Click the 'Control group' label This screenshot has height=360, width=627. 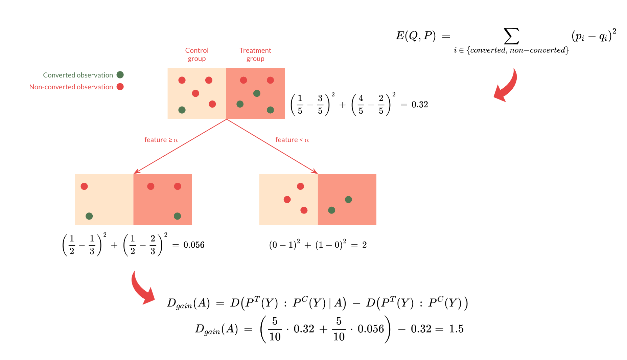[196, 54]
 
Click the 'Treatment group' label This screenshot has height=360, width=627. [255, 54]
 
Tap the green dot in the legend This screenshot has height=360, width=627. [120, 75]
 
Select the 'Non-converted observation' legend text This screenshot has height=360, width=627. [71, 87]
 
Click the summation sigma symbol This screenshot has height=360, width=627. [511, 36]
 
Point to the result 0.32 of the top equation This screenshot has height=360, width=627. [420, 105]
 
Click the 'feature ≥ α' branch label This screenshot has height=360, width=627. [161, 140]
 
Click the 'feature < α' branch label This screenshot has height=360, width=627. [292, 140]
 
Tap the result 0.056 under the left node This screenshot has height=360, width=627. [194, 245]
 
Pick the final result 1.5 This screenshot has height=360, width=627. [456, 329]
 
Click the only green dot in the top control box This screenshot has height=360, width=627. [182, 110]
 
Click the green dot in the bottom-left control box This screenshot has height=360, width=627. [89, 216]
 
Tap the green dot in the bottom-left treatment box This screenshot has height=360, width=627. [177, 216]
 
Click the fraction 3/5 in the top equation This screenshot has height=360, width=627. [320, 105]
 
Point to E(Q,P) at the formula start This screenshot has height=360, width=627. [416, 36]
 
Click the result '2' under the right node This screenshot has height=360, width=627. [365, 245]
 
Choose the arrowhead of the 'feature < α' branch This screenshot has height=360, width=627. [316, 172]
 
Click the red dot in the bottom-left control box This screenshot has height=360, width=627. [84, 186]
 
